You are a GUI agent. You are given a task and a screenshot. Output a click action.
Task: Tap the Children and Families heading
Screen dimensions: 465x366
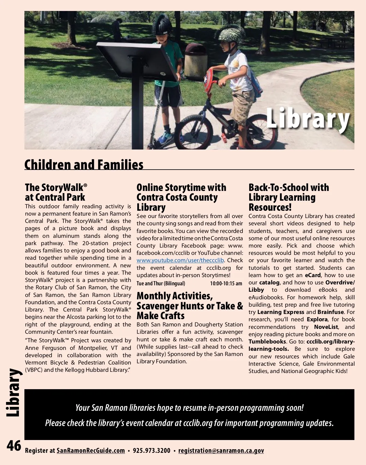pos(84,165)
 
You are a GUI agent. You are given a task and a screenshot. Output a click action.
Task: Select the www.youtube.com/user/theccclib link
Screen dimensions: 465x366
pos(180,260)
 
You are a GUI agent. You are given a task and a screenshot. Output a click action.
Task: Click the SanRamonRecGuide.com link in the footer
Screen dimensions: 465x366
pos(91,451)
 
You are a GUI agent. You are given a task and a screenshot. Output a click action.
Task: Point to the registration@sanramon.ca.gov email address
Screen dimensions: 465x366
pos(221,451)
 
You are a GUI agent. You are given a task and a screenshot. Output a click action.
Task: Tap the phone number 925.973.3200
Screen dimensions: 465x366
pos(152,451)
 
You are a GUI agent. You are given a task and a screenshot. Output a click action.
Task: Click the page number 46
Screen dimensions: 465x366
pos(14,446)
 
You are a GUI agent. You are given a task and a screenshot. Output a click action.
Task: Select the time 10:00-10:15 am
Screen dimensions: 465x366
pos(226,284)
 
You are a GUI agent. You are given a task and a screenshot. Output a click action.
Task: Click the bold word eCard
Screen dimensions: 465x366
pos(313,275)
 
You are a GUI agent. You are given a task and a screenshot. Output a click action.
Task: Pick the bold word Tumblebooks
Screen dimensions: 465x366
pos(267,342)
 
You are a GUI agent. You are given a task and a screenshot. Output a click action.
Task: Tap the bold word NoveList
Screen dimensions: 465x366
pos(326,327)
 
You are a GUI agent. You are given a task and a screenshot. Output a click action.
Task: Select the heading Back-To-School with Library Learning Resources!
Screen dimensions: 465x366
pos(289,197)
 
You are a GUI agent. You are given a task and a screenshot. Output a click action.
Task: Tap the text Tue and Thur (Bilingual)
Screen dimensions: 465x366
pos(161,284)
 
